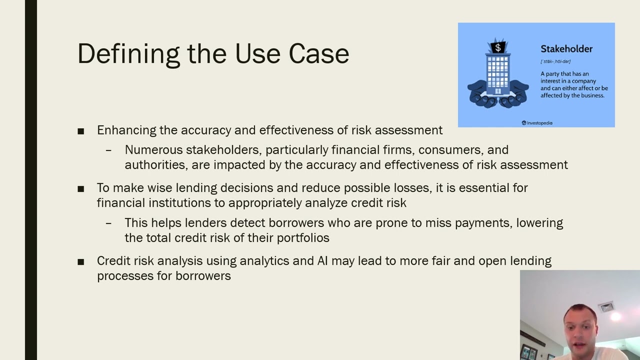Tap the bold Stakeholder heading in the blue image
[x=566, y=49]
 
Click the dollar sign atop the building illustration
[x=497, y=48]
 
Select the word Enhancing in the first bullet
[x=126, y=130]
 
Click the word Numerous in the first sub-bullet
[x=153, y=150]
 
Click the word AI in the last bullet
[x=322, y=261]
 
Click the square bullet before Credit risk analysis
[x=81, y=261]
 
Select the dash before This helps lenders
[x=108, y=223]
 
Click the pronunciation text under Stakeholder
[x=555, y=61]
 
